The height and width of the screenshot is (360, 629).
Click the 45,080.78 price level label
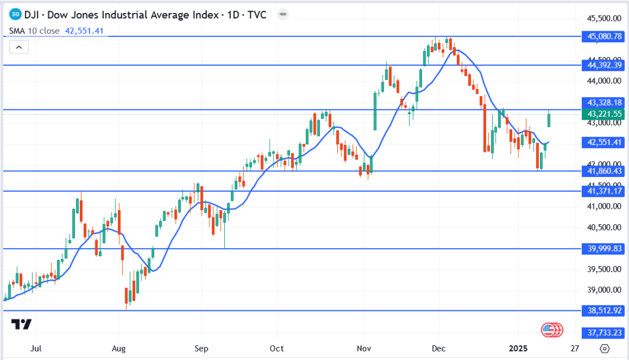click(605, 37)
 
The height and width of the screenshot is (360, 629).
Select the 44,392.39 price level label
click(605, 65)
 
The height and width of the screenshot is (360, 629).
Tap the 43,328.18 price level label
click(605, 103)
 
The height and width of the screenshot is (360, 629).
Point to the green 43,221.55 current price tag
click(605, 114)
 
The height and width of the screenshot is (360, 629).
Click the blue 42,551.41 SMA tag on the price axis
click(605, 142)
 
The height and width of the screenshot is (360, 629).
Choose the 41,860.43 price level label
click(605, 171)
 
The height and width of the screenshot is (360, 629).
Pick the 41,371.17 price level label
click(605, 192)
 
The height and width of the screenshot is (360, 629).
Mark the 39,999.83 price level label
click(605, 248)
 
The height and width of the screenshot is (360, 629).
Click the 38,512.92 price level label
click(605, 311)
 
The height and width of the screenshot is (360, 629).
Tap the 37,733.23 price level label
click(605, 332)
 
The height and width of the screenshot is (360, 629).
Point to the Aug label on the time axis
click(119, 349)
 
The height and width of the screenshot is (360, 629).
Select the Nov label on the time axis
click(365, 349)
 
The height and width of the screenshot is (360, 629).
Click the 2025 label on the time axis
click(520, 349)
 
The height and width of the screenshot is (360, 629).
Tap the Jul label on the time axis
click(36, 349)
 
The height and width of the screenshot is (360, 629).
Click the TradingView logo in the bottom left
click(21, 324)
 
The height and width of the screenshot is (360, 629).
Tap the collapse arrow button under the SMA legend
click(18, 47)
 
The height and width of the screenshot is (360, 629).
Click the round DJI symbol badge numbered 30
click(17, 15)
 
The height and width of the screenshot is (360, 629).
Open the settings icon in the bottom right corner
click(604, 349)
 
